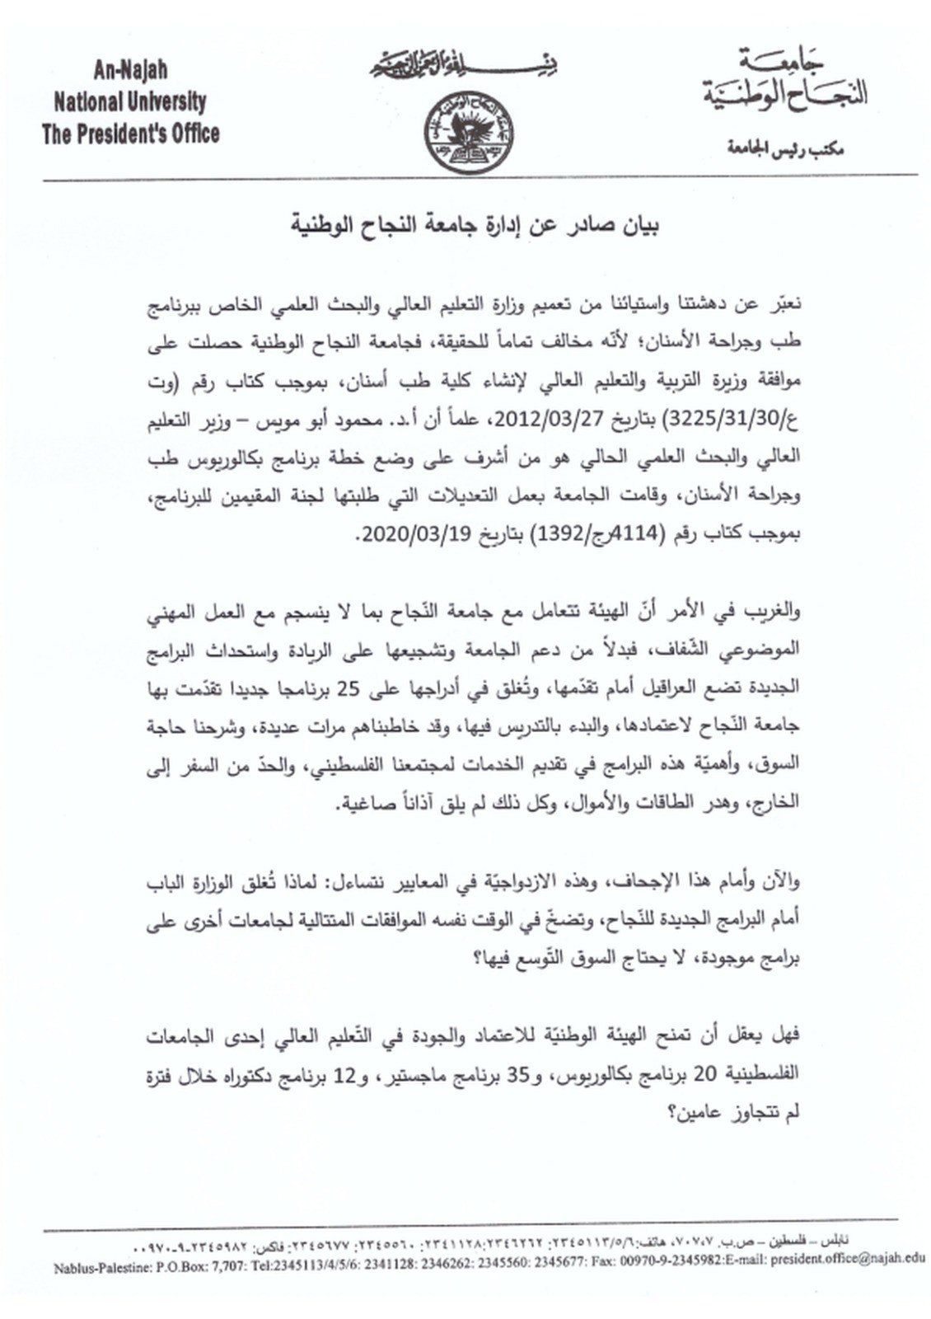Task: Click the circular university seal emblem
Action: (x=468, y=131)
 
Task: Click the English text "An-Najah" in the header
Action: (x=130, y=70)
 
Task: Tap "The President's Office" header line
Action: (x=130, y=134)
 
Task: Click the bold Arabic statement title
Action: (x=475, y=223)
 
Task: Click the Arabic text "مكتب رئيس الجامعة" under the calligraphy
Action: (x=784, y=149)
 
